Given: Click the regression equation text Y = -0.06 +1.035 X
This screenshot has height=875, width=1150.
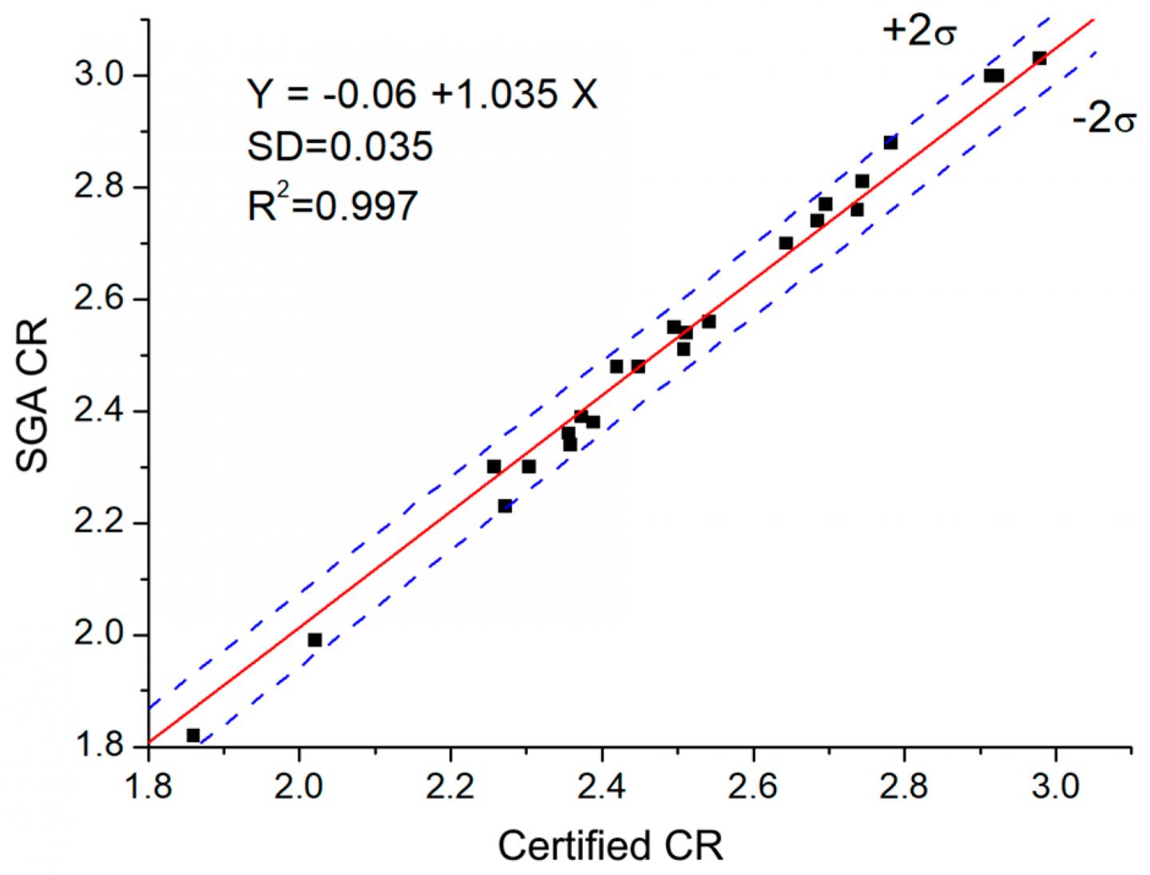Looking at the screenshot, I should (422, 95).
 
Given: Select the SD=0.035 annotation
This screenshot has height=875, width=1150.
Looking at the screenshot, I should (339, 147).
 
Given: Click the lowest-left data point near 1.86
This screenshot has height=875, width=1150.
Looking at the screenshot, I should (193, 735).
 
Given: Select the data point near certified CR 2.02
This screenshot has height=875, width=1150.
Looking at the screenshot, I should (315, 640).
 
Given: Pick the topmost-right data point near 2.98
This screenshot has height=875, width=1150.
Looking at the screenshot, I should (1040, 58).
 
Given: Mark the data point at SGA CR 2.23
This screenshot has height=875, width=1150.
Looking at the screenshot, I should (505, 506).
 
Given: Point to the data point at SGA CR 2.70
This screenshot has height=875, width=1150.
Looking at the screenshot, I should (786, 243).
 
